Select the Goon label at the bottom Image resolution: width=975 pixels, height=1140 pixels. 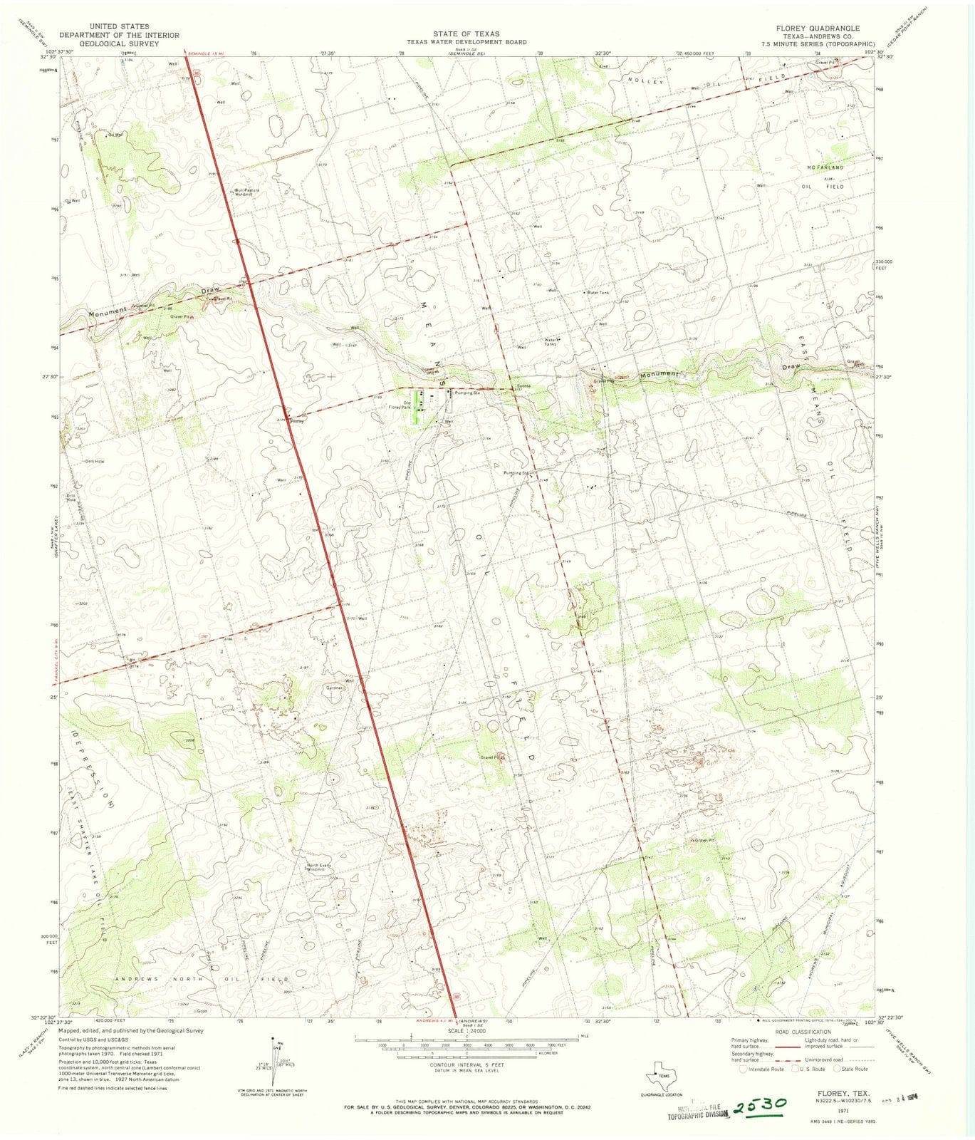(x=202, y=1011)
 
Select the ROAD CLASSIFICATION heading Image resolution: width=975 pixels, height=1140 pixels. (x=805, y=1032)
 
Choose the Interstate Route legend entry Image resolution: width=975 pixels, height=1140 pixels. (x=761, y=1069)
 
